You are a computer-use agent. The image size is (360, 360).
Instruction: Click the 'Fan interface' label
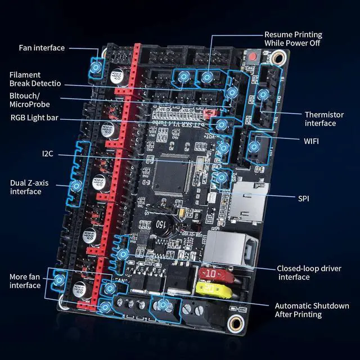(42, 48)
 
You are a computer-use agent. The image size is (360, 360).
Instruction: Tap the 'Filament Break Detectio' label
(35, 79)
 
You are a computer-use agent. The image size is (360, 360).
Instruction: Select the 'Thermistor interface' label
(320, 119)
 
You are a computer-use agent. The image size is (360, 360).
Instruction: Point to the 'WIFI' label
(310, 141)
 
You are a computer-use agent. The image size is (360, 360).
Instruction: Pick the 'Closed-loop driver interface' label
(309, 273)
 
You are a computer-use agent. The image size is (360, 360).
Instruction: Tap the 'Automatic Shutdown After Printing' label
(312, 310)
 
